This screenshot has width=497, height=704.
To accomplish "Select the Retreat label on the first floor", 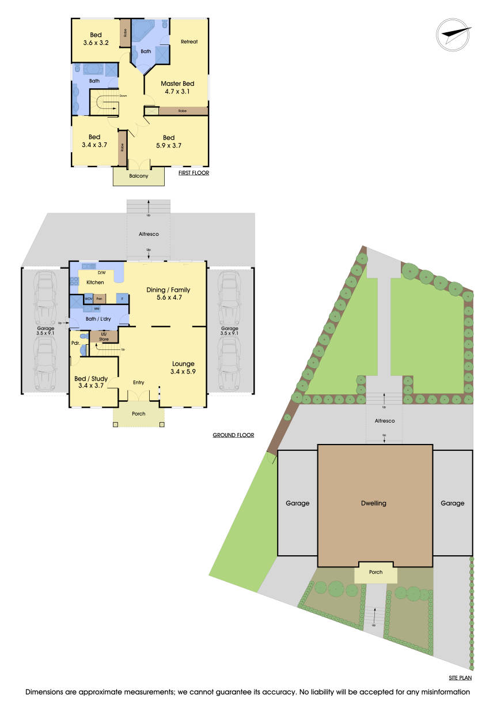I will [x=189, y=42].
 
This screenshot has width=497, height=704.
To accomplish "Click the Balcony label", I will [x=138, y=176].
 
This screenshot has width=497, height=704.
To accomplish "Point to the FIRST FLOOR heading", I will [x=194, y=173].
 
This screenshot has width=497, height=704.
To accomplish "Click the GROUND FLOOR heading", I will [x=233, y=435].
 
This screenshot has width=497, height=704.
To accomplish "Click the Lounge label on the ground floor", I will [x=183, y=364].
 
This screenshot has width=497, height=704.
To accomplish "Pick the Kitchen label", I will [x=95, y=283].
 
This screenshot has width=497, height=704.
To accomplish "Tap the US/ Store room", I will [x=104, y=337].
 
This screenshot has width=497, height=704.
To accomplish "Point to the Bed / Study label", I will [x=91, y=379].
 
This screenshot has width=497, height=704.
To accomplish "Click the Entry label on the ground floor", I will [x=138, y=382].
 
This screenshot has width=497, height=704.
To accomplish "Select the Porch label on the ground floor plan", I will [x=138, y=414].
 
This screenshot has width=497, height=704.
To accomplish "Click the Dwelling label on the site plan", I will [x=375, y=503].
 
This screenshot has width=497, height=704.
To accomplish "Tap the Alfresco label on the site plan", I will [x=384, y=421].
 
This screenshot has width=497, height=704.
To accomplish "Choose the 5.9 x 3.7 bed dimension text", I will [x=169, y=145].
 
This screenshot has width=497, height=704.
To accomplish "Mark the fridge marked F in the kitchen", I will [x=122, y=299].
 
